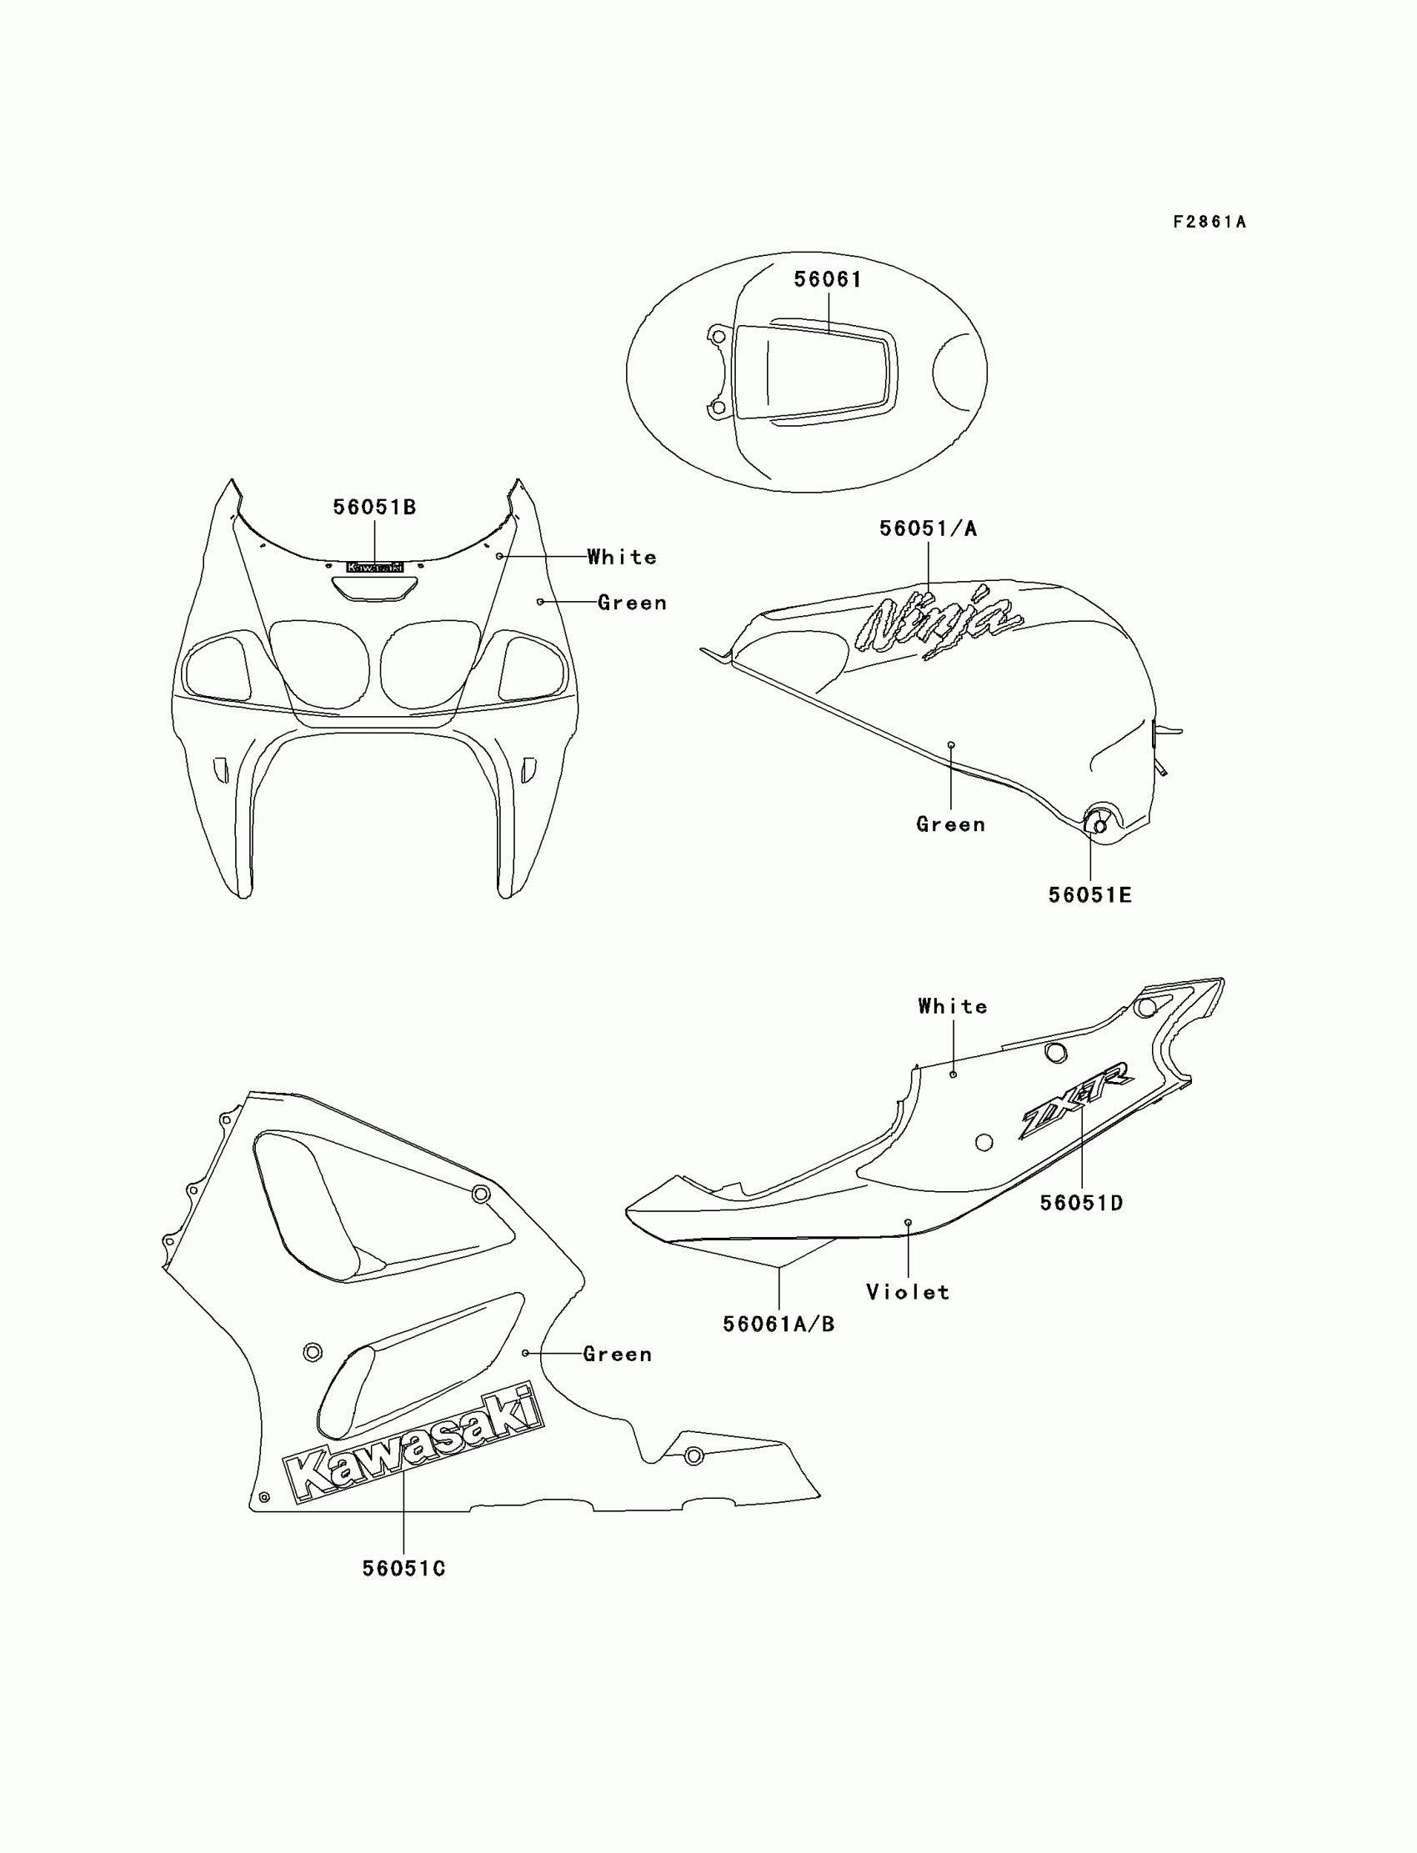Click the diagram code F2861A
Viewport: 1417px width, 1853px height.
(x=1209, y=223)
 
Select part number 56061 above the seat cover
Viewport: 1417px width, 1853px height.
(x=828, y=279)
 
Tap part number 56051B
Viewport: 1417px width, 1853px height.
(x=374, y=507)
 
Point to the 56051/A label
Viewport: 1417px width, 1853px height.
(x=928, y=528)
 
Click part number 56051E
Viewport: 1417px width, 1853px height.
(x=1089, y=895)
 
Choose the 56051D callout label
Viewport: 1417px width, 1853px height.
(x=1081, y=1204)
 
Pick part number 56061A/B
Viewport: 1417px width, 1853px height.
(x=779, y=1325)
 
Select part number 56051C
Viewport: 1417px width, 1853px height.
(x=404, y=1569)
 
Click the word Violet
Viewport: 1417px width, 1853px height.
(x=908, y=1292)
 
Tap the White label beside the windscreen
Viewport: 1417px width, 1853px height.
(x=622, y=558)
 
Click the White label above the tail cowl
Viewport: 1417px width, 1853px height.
(x=952, y=1006)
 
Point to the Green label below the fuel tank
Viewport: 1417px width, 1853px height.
(x=950, y=824)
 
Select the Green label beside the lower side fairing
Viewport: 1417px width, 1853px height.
(x=618, y=1355)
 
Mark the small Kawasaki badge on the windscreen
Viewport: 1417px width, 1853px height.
(x=374, y=568)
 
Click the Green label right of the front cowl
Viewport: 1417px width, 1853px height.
(x=632, y=603)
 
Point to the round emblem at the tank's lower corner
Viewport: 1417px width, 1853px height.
(x=1099, y=824)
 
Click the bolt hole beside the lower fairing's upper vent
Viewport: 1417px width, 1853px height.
(x=481, y=1194)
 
